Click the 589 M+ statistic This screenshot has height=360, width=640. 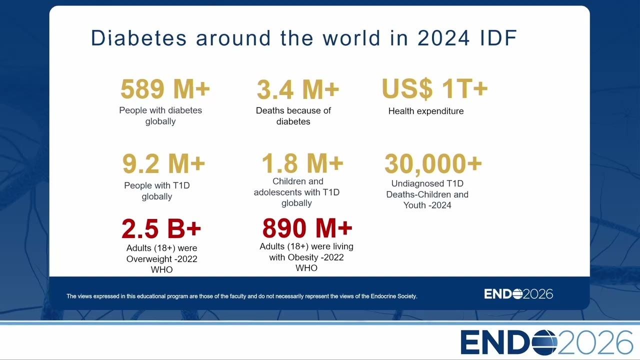(165, 88)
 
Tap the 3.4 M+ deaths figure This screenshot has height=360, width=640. (298, 89)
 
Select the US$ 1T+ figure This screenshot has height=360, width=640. (434, 88)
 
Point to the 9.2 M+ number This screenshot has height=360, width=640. (163, 163)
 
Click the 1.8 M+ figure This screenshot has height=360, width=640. (302, 163)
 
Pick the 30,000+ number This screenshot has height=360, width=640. (433, 163)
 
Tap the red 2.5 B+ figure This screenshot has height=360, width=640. (161, 228)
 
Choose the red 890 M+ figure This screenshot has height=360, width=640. (307, 227)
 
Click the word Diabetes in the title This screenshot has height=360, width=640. (138, 37)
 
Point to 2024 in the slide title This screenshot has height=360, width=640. (443, 37)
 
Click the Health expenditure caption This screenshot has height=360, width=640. (425, 111)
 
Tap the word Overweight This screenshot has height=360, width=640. (149, 259)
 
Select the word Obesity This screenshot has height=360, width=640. (303, 257)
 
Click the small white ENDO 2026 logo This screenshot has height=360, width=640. (518, 294)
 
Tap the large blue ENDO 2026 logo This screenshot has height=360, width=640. (546, 342)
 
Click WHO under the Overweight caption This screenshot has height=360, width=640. (161, 269)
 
